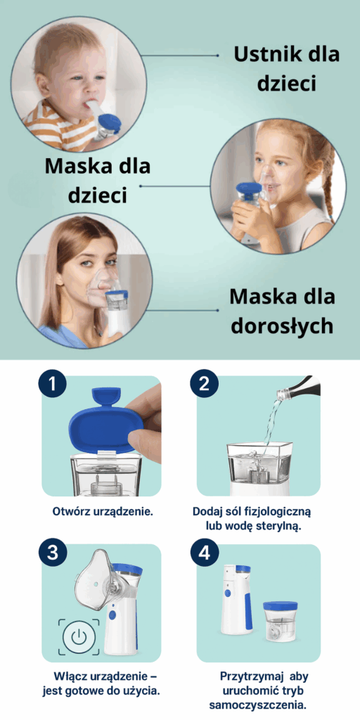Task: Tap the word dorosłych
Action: tap(281, 326)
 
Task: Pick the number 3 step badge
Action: tap(53, 553)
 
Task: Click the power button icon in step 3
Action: tap(79, 637)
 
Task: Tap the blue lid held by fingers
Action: tap(105, 418)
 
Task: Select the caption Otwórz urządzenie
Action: tap(103, 511)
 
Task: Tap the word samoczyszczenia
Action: tap(257, 705)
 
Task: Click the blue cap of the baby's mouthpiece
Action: tap(110, 122)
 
